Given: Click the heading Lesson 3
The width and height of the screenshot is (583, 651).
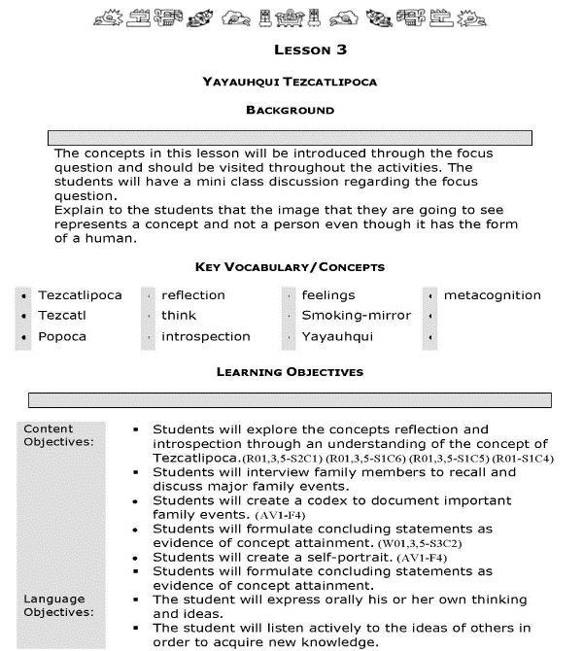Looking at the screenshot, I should (310, 50).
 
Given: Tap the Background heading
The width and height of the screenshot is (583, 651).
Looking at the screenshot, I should (290, 111).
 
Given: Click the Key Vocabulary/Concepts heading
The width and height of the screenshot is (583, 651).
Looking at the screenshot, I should (290, 267).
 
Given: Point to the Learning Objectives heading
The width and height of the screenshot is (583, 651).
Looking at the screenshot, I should (290, 371).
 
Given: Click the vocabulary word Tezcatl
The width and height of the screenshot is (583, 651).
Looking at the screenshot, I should (62, 316).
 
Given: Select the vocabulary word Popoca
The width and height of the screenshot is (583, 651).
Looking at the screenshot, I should (62, 337).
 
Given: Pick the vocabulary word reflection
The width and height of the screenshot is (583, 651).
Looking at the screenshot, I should (193, 295).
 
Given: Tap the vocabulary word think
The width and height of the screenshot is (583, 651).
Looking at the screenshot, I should (179, 316).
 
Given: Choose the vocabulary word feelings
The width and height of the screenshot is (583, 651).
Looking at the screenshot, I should (328, 295).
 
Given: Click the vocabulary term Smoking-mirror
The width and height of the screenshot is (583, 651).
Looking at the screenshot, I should (356, 316).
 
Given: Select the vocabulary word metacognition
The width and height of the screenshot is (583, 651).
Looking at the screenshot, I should (493, 295).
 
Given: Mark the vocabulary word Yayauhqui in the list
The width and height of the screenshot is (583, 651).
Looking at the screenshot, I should (337, 337).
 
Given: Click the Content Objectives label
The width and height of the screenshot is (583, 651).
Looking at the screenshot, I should (49, 435).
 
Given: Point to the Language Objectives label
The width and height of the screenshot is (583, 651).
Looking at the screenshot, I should (54, 605).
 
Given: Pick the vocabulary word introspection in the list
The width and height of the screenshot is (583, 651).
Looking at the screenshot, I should (206, 337).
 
